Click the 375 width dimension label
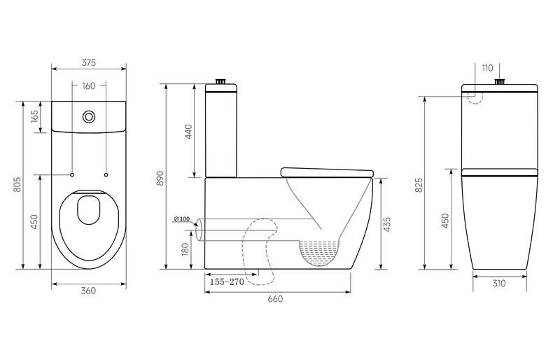tap(89, 62)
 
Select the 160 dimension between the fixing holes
tap(89, 87)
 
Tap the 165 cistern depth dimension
tap(35, 116)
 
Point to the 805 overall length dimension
tap(17, 184)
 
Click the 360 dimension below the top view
tap(87, 291)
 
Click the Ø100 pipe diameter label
tap(181, 220)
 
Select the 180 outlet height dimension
tap(185, 250)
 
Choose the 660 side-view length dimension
tap(275, 299)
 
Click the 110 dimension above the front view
tap(487, 68)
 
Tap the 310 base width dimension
tap(498, 284)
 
